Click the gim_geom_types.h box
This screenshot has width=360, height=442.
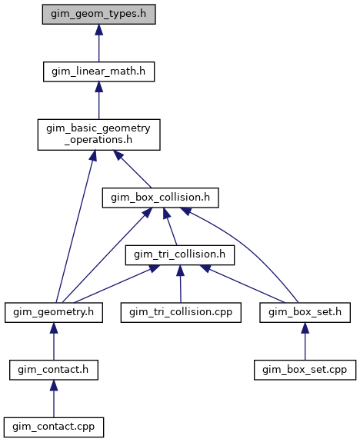98,14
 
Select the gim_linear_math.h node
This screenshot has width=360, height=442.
98,71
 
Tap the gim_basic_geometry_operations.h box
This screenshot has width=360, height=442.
99,135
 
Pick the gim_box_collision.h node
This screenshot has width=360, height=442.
160,198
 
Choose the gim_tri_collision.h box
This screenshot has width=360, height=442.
180,255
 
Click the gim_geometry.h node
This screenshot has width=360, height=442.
54,312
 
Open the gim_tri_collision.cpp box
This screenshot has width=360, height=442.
181,312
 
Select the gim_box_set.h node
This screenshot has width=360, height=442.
305,312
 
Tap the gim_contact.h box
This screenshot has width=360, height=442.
54,370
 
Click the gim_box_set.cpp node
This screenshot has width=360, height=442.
305,370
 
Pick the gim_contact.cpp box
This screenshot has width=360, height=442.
54,427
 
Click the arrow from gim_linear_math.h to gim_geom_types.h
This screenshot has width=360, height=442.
98,43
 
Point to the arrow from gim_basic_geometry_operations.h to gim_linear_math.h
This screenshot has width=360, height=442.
98,101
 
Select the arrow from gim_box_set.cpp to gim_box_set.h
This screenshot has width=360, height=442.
305,341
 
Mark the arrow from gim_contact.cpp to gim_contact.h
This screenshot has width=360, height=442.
54,399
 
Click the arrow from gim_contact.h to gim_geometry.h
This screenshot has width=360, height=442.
54,341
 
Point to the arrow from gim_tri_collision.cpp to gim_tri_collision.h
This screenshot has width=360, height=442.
181,284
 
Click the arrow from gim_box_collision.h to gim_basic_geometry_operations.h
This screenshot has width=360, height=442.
132,169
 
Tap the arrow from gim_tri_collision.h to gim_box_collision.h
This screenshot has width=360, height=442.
170,226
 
